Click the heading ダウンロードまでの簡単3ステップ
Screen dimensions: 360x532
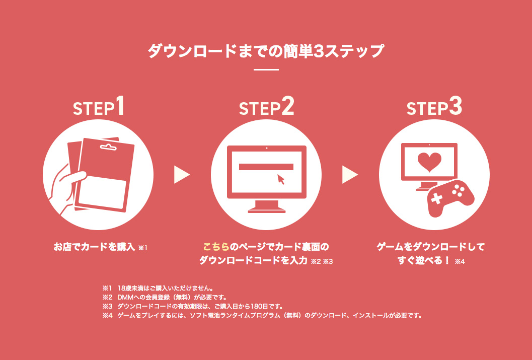tap(266, 51)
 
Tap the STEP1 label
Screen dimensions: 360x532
tap(99, 108)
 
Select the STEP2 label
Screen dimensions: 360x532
tap(266, 108)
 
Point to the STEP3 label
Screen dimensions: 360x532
tap(434, 108)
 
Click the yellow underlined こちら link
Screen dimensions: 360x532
tap(216, 247)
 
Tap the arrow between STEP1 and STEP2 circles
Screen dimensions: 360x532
tap(181, 175)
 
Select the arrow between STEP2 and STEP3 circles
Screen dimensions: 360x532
tap(349, 175)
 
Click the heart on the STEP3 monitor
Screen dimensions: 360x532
tap(429, 161)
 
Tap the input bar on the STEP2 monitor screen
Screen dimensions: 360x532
tap(266, 167)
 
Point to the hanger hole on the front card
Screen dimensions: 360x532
tap(107, 148)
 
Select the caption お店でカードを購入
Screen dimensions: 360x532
tap(95, 247)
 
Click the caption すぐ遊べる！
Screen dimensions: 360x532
tap(423, 261)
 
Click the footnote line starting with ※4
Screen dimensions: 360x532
tap(262, 316)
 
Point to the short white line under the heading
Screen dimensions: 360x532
tap(266, 69)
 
